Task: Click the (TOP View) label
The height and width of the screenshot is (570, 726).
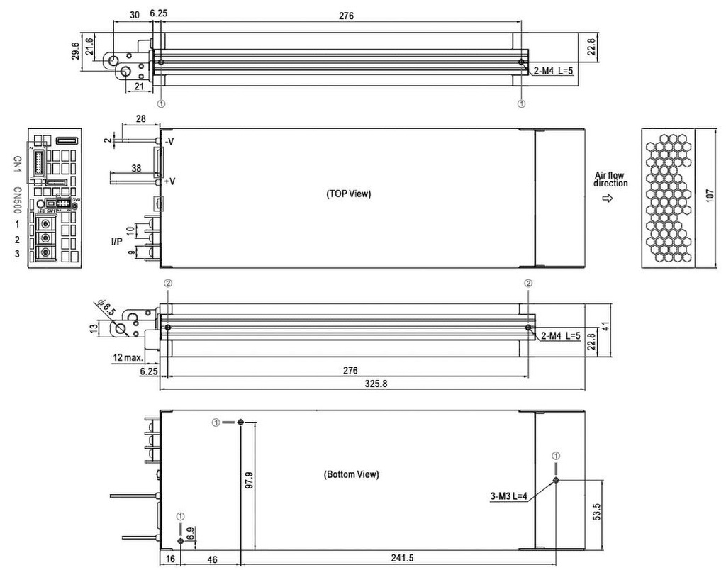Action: [348, 194]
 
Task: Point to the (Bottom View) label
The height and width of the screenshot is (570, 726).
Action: [351, 474]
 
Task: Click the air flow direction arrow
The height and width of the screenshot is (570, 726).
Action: [607, 199]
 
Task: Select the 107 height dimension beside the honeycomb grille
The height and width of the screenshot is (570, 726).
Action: [711, 198]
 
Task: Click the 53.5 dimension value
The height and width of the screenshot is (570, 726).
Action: [597, 512]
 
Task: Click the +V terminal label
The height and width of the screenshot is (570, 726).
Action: [170, 181]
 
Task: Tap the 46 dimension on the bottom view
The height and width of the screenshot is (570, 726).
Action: [211, 559]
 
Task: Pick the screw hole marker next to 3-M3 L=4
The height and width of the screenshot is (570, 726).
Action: [556, 480]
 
